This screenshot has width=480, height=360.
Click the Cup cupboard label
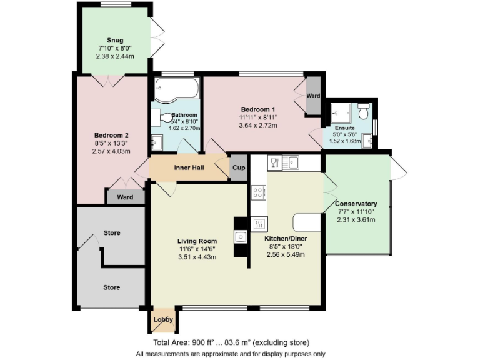click(238, 168)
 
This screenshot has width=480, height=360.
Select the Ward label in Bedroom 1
click(313, 96)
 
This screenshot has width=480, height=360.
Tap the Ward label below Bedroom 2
click(125, 197)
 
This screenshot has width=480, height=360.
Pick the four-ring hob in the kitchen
click(259, 192)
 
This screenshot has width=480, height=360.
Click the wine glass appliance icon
click(274, 163)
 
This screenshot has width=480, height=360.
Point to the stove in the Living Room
click(241, 236)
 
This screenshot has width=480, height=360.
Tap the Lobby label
click(163, 320)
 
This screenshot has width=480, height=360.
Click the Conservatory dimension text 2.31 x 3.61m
click(356, 219)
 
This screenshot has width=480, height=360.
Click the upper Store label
click(111, 233)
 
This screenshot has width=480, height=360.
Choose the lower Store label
click(111, 287)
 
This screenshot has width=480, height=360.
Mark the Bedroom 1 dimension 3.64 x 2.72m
click(258, 126)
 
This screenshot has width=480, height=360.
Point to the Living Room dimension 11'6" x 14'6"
click(197, 249)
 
